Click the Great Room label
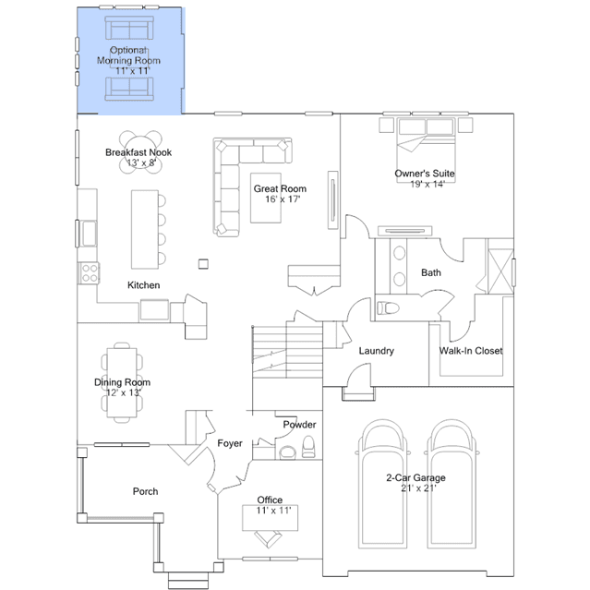[280, 188]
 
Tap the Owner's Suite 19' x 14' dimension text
[427, 184]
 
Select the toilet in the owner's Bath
[388, 308]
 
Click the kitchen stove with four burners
[90, 273]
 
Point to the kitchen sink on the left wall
[90, 234]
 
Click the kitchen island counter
[144, 230]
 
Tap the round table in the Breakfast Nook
[140, 152]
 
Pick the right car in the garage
[452, 485]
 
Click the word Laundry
[377, 351]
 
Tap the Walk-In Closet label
[471, 351]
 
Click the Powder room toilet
[309, 447]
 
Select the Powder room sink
[288, 452]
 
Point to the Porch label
[145, 491]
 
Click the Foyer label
[230, 443]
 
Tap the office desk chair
[268, 539]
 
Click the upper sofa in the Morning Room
[129, 28]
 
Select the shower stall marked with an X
[500, 271]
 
